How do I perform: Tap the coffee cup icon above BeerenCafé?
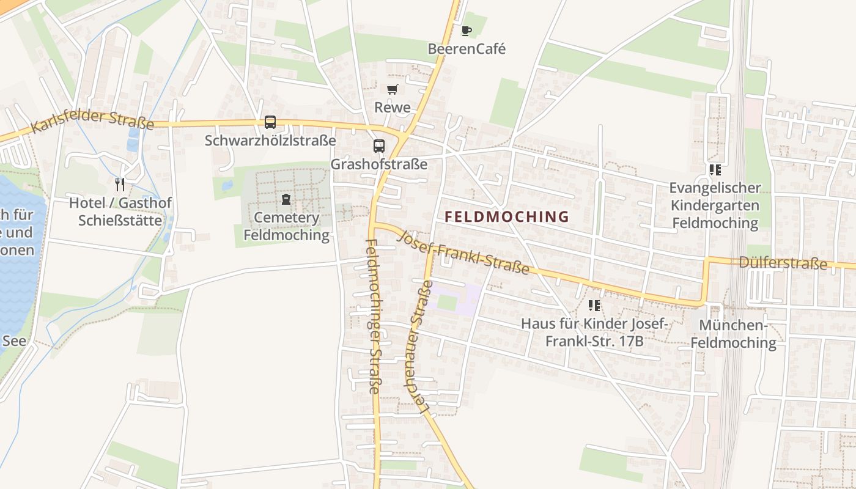click(467, 31)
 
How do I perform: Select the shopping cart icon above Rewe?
click(393, 90)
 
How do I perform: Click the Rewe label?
click(393, 108)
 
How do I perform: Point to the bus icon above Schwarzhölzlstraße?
click(270, 122)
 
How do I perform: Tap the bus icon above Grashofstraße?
click(379, 146)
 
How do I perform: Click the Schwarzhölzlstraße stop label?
click(270, 141)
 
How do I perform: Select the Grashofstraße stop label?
click(379, 164)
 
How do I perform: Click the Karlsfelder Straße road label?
click(92, 121)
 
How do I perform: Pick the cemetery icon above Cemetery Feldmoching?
click(286, 199)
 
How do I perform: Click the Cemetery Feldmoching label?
click(286, 226)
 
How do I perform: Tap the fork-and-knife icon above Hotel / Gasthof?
click(120, 184)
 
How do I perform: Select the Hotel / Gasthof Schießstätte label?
click(120, 211)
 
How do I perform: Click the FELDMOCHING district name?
click(507, 216)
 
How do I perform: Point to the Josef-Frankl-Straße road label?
click(463, 252)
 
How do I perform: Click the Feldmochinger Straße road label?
click(373, 315)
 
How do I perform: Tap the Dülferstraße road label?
click(783, 263)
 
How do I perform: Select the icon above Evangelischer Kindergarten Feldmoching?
click(715, 170)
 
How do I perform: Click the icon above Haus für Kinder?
click(594, 305)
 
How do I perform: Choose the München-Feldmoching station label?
click(733, 334)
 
